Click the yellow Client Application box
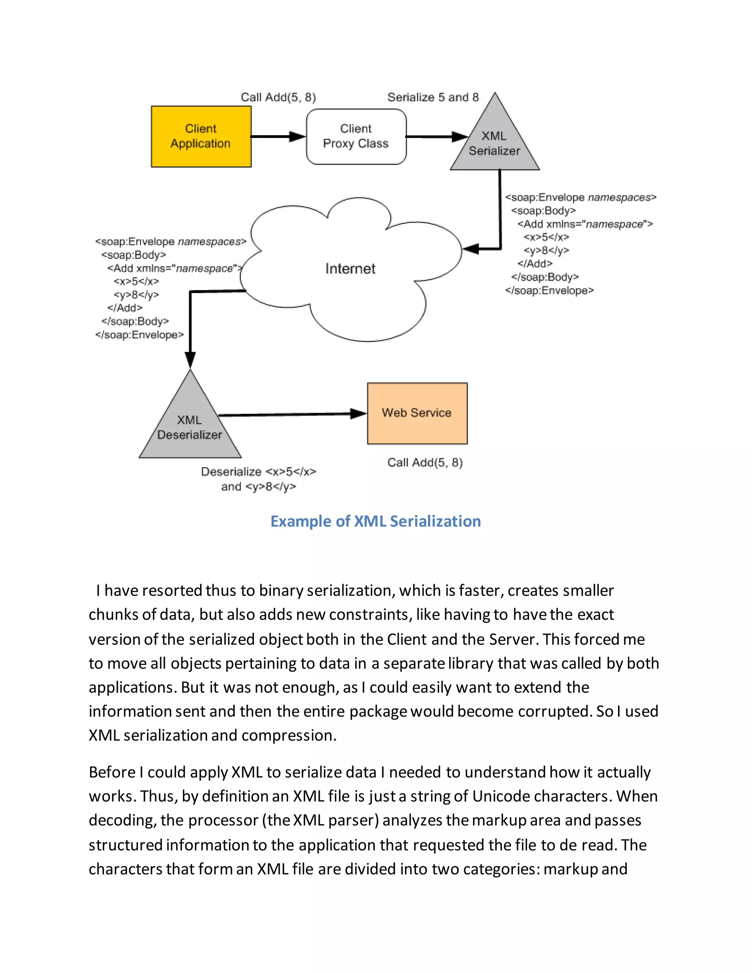[x=201, y=136]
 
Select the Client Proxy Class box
[x=356, y=136]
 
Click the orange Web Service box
[x=417, y=413]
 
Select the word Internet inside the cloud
[x=350, y=269]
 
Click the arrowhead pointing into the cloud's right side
[x=470, y=249]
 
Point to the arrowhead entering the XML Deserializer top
[x=190, y=359]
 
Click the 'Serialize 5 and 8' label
[x=433, y=97]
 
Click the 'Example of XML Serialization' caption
[x=376, y=521]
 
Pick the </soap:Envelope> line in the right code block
[x=549, y=290]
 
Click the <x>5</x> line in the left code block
[x=136, y=282]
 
